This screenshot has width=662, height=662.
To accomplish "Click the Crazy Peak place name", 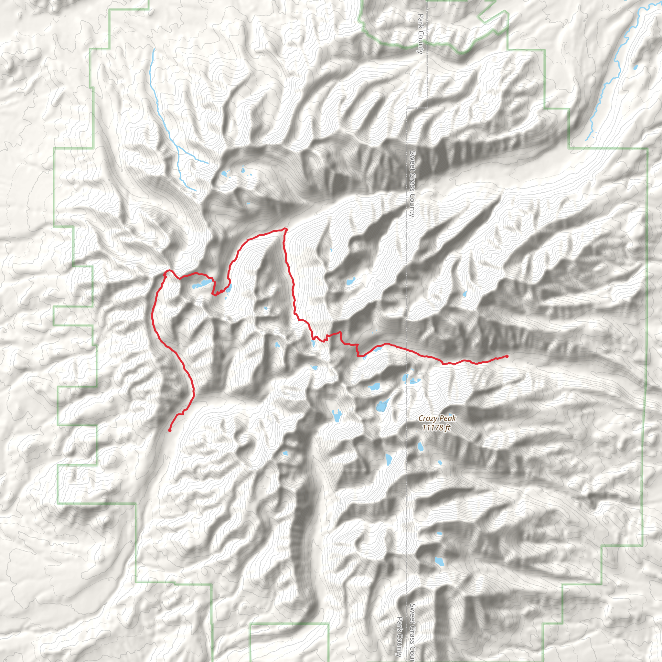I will point(437,418).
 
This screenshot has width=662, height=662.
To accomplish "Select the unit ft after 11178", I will point(447,428).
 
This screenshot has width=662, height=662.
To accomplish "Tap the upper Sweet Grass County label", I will point(412,184).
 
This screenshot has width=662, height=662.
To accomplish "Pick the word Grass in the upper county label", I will point(412,181).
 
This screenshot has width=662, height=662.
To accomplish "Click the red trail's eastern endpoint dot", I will point(507,356).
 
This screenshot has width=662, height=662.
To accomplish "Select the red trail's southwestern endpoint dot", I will point(170,430).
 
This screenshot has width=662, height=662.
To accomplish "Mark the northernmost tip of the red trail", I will point(285,229).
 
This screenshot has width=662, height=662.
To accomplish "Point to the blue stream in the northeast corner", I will point(613,69).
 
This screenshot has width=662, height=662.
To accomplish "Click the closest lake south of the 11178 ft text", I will point(420,446).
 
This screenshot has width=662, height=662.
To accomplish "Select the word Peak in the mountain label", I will point(447,418).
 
